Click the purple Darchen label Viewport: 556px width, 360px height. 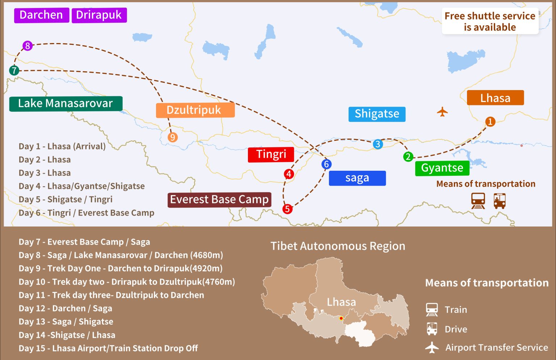(41, 15)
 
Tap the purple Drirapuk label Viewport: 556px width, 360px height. (99, 15)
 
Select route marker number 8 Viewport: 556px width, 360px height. (28, 46)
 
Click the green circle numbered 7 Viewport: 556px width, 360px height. (14, 70)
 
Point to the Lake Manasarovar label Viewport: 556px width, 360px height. (66, 103)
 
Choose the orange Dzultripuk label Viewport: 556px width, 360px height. (195, 110)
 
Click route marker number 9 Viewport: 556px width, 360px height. (173, 137)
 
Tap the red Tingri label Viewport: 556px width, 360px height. (271, 154)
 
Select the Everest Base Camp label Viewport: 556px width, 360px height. (219, 200)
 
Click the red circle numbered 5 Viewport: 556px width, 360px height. (287, 209)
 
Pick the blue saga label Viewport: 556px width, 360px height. (357, 178)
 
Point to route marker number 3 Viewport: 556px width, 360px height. (378, 144)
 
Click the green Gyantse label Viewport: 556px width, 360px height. (442, 168)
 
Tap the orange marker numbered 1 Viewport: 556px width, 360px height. (490, 122)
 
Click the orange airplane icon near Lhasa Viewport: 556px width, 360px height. (442, 112)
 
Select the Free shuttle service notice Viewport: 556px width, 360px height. (490, 21)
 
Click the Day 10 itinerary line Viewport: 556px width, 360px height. (127, 282)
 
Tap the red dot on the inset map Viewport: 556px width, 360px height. (341, 318)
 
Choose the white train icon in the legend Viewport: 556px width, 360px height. (432, 310)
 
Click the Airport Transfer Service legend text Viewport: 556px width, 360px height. (497, 348)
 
